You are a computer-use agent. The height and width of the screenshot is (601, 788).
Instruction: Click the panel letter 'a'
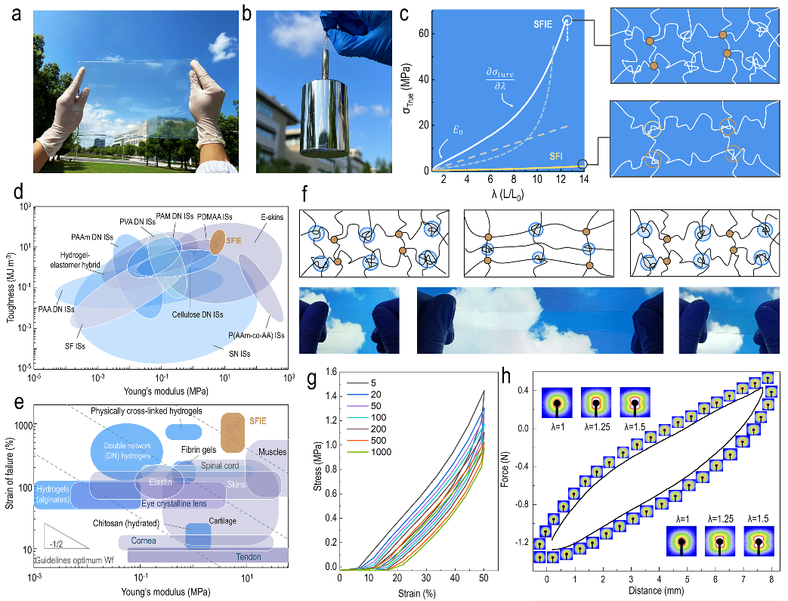click(x=15, y=13)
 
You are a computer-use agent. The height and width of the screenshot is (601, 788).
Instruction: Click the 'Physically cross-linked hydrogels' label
click(x=150, y=410)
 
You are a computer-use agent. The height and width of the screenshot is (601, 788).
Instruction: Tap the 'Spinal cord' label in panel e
click(x=220, y=466)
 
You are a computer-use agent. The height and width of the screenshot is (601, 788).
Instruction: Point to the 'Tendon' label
click(x=248, y=557)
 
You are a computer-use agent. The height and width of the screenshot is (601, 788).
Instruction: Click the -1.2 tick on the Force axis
click(x=522, y=543)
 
